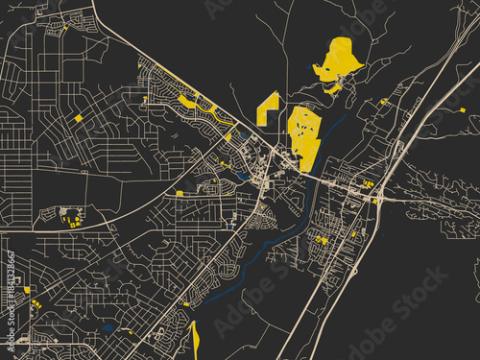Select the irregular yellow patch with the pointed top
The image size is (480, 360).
(337, 60)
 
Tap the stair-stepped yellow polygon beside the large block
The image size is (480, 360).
(268, 108)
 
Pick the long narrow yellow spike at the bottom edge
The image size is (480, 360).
(194, 340)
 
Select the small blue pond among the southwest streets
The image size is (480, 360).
(108, 327)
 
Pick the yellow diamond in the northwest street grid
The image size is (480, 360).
(78, 118)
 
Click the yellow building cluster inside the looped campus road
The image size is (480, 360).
(69, 218)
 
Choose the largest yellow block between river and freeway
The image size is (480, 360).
(322, 240)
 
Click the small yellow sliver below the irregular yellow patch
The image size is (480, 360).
(333, 88)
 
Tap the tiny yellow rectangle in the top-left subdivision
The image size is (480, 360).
(65, 29)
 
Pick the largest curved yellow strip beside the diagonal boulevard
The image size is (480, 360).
(186, 100)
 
